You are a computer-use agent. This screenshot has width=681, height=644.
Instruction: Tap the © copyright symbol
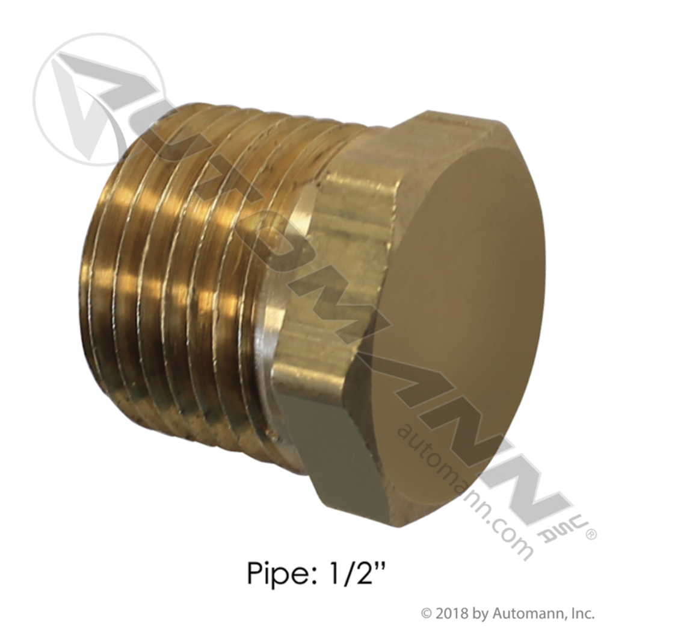pyautogui.click(x=426, y=613)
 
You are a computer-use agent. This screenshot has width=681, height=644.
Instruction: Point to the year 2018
pyautogui.click(x=452, y=613)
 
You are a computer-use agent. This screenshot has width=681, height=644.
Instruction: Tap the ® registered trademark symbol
pyautogui.click(x=591, y=534)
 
